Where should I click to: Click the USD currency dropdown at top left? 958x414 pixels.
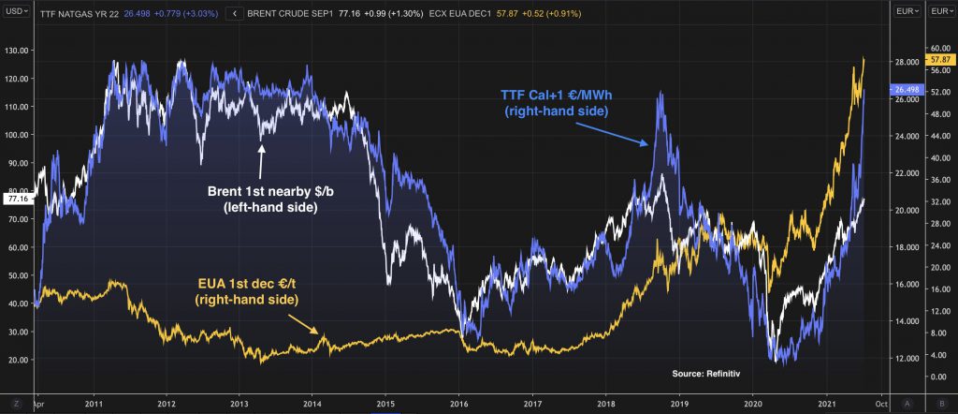pyautogui.click(x=16, y=11)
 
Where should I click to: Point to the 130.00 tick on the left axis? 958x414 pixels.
pyautogui.click(x=19, y=50)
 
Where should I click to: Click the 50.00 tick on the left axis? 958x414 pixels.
pyautogui.click(x=19, y=275)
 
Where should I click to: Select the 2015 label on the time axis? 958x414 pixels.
pyautogui.click(x=385, y=404)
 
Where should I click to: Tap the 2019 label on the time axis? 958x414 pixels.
pyautogui.click(x=679, y=404)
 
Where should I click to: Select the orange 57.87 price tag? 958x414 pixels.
pyautogui.click(x=938, y=59)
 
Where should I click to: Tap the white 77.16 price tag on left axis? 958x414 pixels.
pyautogui.click(x=18, y=199)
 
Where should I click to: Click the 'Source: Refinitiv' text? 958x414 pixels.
pyautogui.click(x=705, y=374)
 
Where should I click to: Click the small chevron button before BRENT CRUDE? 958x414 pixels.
pyautogui.click(x=234, y=14)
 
